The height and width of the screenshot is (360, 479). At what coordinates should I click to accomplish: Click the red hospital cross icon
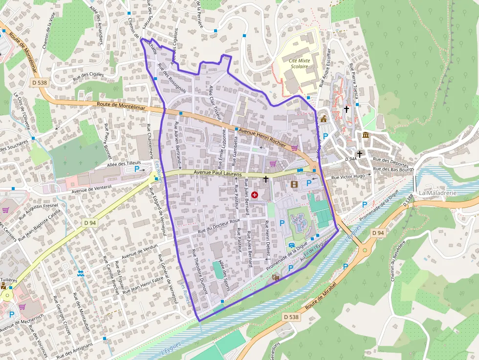click(x=255, y=194)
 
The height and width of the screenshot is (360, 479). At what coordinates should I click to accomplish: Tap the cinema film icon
click(x=294, y=184)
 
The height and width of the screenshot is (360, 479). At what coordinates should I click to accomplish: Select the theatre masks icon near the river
click(x=276, y=277)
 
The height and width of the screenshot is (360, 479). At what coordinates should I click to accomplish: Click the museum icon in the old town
click(x=366, y=135)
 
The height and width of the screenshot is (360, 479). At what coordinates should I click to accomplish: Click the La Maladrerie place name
click(x=437, y=193)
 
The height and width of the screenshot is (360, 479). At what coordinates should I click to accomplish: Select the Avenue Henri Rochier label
click(x=262, y=138)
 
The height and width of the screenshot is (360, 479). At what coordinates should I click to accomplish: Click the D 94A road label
click(x=351, y=159)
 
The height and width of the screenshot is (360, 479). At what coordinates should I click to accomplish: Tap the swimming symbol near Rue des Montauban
click(x=80, y=273)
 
